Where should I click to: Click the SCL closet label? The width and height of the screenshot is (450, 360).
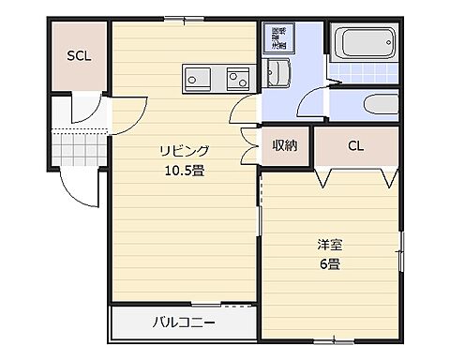pos(78,56)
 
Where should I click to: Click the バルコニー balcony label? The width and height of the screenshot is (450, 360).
pos(184,324)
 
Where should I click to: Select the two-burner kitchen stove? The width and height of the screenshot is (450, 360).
pos(200,78)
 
